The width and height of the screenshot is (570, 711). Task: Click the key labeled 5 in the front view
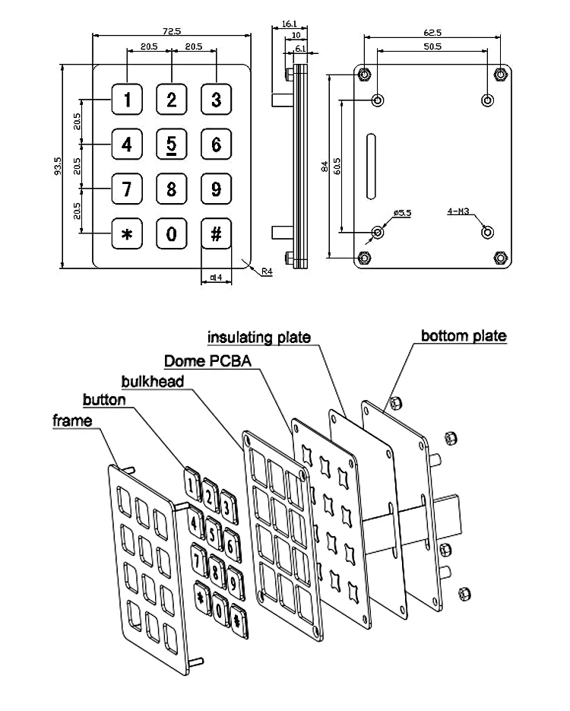[172, 144]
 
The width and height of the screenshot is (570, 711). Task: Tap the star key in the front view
[127, 234]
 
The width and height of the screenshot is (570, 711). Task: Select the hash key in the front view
[216, 234]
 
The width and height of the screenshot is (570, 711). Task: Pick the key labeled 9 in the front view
[216, 189]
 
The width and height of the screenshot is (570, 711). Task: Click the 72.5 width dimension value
[171, 31]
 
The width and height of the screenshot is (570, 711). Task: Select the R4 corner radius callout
[267, 271]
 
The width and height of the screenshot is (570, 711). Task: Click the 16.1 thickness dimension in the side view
[289, 24]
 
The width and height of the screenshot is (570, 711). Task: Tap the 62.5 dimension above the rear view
[432, 33]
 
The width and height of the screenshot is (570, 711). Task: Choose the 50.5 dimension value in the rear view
[432, 47]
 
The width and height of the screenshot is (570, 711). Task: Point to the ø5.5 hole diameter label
[402, 214]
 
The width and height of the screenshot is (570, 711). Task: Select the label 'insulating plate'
[259, 336]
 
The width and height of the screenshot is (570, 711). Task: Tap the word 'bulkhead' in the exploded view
[152, 380]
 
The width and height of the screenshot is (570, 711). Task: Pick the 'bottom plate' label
[463, 335]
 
